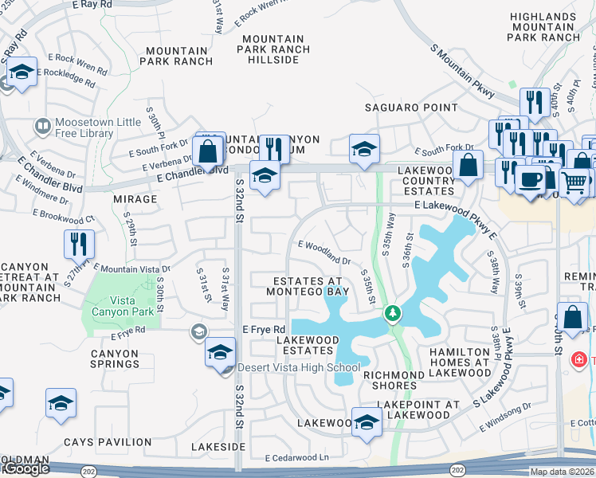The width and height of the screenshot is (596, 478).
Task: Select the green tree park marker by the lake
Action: pos(392,313)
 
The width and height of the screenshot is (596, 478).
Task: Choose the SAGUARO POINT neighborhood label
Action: pos(411,108)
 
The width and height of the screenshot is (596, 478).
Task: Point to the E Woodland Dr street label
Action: pos(324,253)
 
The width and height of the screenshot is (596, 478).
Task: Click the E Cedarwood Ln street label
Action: pos(297,458)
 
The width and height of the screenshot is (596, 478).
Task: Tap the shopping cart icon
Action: pos(574,182)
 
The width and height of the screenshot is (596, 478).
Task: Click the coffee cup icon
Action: pos(530,178)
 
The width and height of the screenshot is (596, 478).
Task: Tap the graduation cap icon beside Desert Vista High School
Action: pos(221,352)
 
